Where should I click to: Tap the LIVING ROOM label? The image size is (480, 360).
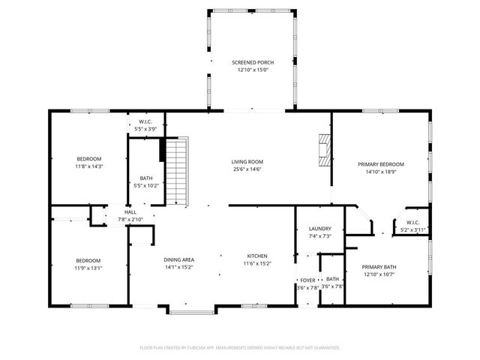(x=247, y=162)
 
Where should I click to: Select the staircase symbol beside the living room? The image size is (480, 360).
(x=175, y=173)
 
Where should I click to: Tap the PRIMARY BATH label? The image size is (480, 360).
(x=379, y=267)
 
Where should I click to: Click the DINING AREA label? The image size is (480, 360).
(x=179, y=259)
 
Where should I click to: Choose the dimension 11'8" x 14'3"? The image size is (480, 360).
(x=89, y=166)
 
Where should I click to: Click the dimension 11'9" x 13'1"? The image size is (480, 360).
(x=88, y=268)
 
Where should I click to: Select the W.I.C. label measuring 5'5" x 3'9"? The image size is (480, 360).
(x=145, y=122)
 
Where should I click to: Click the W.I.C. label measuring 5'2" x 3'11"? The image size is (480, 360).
(x=413, y=223)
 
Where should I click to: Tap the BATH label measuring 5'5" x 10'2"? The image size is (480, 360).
(x=145, y=178)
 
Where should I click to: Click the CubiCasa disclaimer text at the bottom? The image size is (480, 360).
(x=240, y=347)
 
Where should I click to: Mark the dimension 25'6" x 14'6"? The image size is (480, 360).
(x=247, y=169)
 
